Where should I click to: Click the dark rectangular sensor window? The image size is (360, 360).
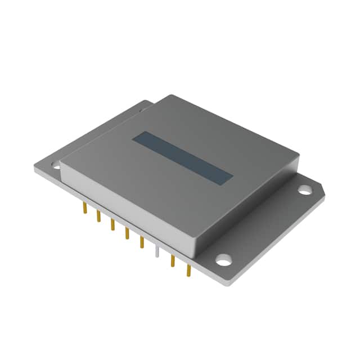coord(182,157)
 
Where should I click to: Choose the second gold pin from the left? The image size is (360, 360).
coord(98,217)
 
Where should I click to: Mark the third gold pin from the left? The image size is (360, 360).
coord(112,226)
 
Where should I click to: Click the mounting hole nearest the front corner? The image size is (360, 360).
coord(223,260)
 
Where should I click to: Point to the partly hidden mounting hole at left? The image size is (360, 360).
coord(56,165)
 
